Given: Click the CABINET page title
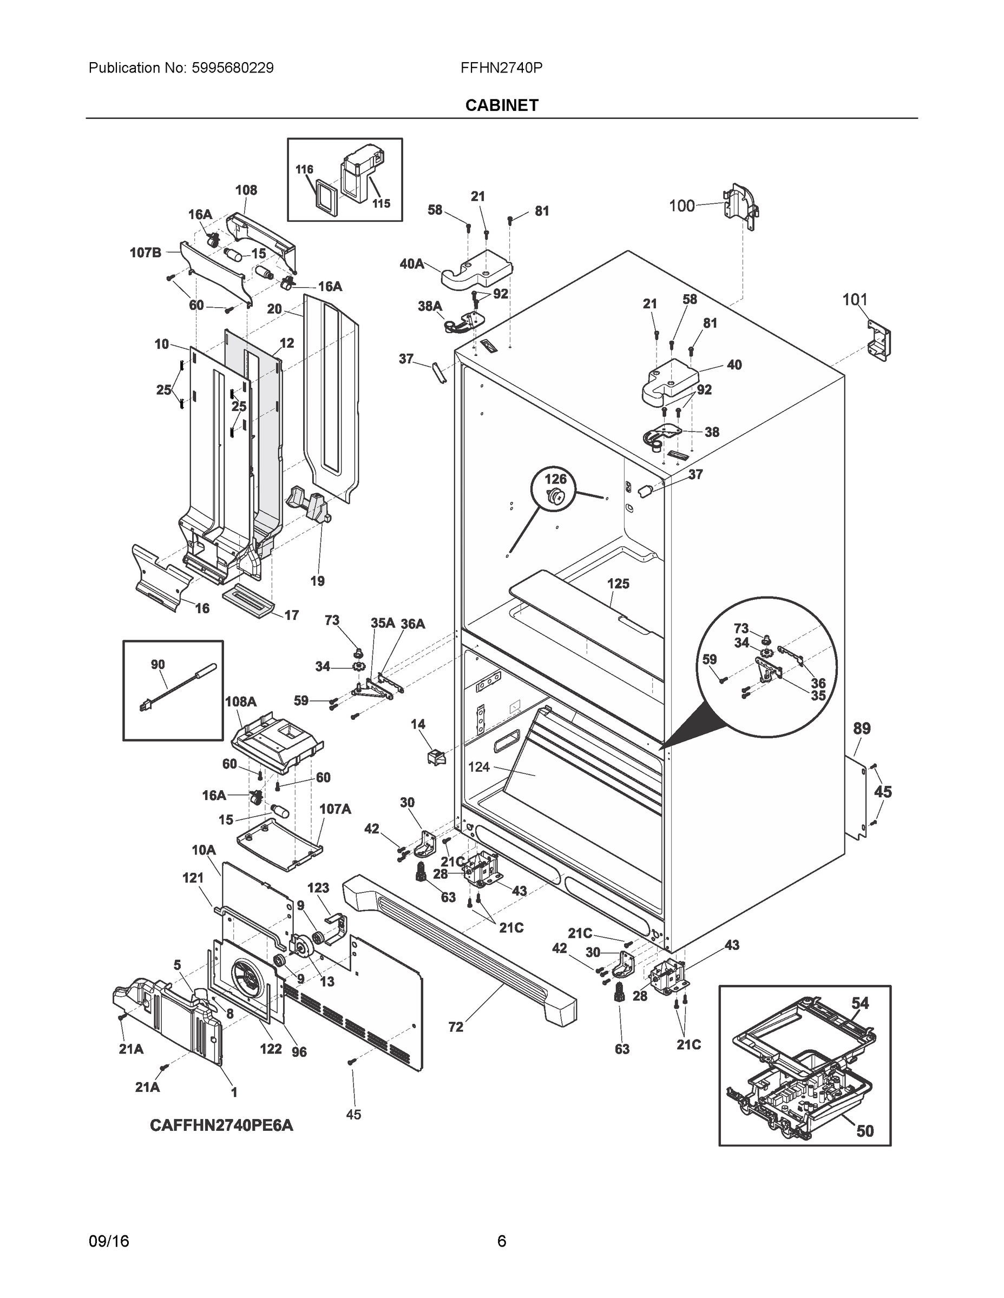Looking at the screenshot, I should coord(501,105).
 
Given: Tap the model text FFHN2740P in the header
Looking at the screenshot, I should coord(501,68).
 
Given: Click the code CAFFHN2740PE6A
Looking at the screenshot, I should coord(221,1125).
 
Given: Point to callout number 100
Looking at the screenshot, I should coord(681,206).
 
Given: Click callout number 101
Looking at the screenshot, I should coord(855,300).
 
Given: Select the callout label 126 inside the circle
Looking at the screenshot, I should coord(555,479).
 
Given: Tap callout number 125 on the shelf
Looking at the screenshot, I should coord(618,584).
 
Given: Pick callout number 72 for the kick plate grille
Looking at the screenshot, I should coord(456,1027).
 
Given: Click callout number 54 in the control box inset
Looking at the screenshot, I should coord(860,1003).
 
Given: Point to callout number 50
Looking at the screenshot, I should coord(865,1131).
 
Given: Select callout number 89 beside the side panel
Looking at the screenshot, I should coord(862,728).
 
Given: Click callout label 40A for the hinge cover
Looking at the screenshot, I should coord(411,264).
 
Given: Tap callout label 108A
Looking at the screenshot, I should coord(240,701).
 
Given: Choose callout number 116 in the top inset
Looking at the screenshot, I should coord(304,169).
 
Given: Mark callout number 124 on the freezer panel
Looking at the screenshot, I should coord(479,767).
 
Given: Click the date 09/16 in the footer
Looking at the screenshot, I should coord(108,1241).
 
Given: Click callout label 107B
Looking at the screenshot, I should coord(146,253).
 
